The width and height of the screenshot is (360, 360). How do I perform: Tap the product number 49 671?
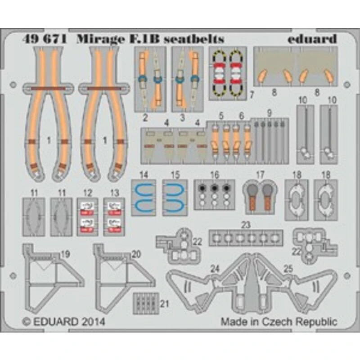pyautogui.click(x=45, y=39)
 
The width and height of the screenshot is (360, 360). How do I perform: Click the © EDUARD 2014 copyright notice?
pyautogui.click(x=63, y=322)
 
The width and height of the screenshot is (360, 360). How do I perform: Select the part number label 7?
pyautogui.click(x=252, y=95)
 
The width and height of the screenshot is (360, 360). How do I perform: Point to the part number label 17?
pyautogui.click(x=260, y=174)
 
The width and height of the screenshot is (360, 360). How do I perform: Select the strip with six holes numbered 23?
pyautogui.click(x=246, y=237)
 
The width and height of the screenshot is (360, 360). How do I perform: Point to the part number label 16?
pyautogui.click(x=215, y=174)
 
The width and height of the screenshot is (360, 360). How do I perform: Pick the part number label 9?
pyautogui.click(x=270, y=112)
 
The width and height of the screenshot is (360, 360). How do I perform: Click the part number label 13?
pyautogui.click(x=114, y=193)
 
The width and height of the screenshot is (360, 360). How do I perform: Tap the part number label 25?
pyautogui.click(x=288, y=269)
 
